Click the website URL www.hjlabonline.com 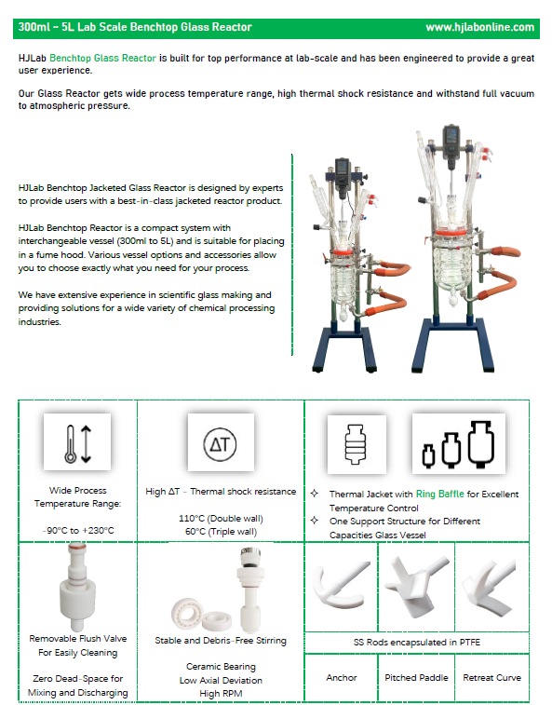click(x=479, y=27)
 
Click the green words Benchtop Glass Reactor click(x=102, y=58)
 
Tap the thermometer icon click(x=71, y=444)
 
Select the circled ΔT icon click(x=220, y=444)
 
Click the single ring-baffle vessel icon click(x=355, y=444)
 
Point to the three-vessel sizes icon click(x=458, y=444)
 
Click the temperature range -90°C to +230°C click(x=78, y=531)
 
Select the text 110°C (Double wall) click(x=221, y=519)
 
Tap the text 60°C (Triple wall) click(x=221, y=532)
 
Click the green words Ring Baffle click(x=439, y=495)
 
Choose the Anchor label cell click(x=342, y=678)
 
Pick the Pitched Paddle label click(x=416, y=678)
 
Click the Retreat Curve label click(x=491, y=678)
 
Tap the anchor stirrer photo click(x=341, y=585)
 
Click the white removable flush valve click(x=78, y=586)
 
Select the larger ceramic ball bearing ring click(x=187, y=613)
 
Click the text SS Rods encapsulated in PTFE click(x=417, y=642)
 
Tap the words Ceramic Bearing click(x=221, y=666)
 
